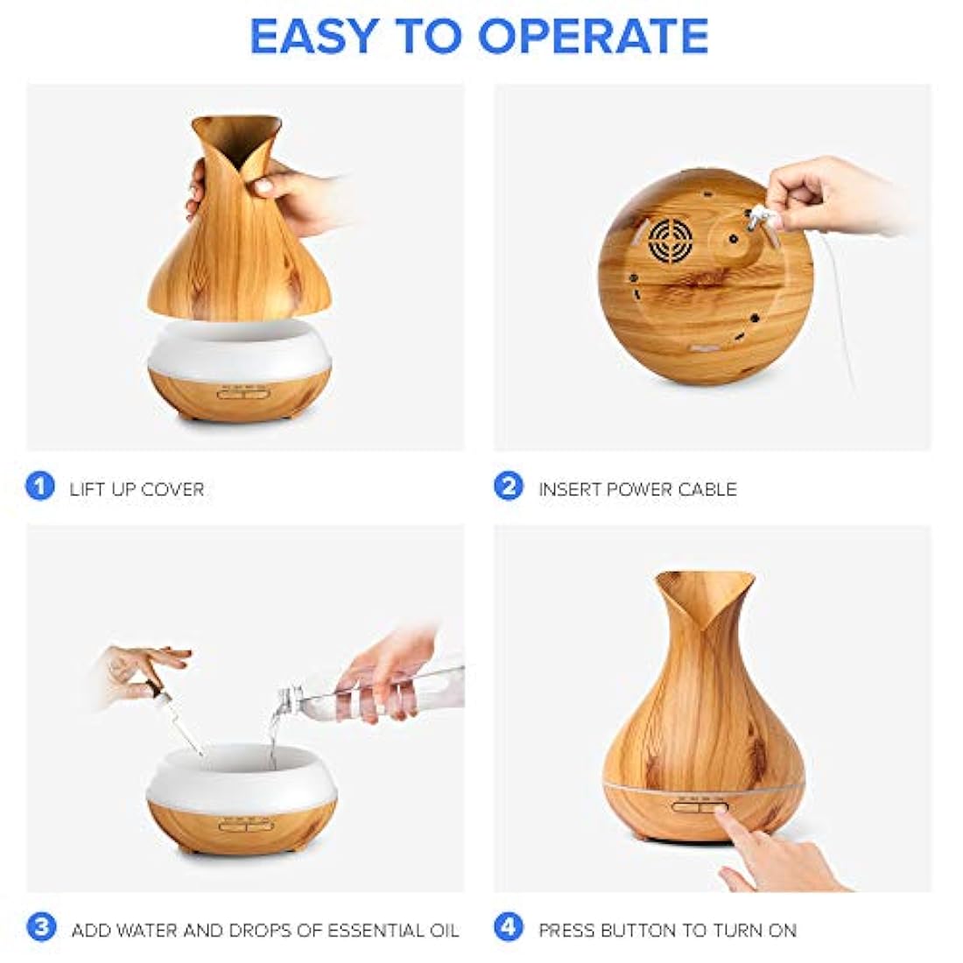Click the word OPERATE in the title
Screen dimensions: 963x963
click(593, 36)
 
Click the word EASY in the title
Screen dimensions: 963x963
click(313, 36)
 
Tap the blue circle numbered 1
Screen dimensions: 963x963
click(40, 487)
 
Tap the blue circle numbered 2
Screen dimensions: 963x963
click(509, 487)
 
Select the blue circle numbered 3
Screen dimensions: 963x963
click(41, 927)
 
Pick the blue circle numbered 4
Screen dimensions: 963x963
click(509, 927)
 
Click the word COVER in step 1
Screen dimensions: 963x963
click(172, 489)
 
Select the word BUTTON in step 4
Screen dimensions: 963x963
click(637, 931)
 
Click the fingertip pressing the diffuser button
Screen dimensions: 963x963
click(722, 814)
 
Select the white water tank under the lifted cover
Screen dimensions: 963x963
click(240, 351)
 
